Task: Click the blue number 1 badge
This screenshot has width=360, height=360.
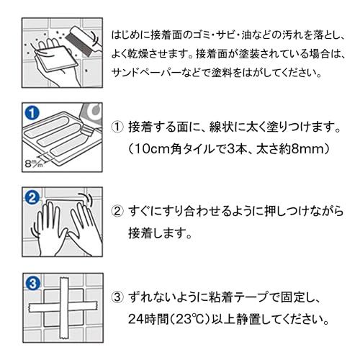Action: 32,112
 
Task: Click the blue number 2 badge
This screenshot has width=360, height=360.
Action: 32,198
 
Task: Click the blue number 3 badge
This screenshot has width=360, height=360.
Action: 32,284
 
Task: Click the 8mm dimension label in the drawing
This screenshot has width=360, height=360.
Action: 34,163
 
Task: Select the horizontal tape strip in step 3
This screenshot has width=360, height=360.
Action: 63,307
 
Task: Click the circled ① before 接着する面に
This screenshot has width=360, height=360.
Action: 117,127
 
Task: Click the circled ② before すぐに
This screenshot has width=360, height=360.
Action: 117,211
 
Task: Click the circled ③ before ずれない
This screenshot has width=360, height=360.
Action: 117,297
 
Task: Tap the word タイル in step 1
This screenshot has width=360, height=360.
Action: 197,149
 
